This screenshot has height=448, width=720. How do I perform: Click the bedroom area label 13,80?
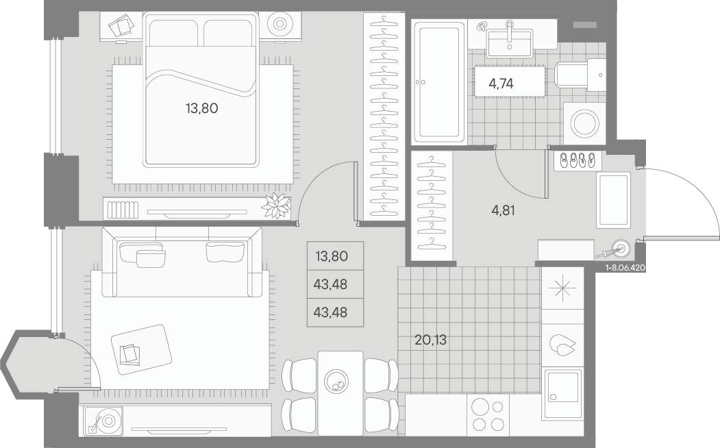[x=201, y=108]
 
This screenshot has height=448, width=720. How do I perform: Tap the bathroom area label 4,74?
[x=501, y=84]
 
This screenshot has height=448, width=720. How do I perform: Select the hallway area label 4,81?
[x=503, y=210]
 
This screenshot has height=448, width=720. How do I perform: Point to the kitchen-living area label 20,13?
[x=430, y=340]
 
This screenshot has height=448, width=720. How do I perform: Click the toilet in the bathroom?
[x=580, y=75]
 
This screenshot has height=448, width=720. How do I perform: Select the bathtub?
[x=437, y=81]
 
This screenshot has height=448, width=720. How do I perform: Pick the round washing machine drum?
[x=584, y=123]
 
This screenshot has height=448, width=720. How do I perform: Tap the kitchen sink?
[x=562, y=393]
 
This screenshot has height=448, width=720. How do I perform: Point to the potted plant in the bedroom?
[x=277, y=206]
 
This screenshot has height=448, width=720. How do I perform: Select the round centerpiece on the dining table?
[x=336, y=381]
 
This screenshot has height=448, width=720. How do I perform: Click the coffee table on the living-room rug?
[x=141, y=349]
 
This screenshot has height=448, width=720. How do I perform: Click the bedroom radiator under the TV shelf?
[x=123, y=210]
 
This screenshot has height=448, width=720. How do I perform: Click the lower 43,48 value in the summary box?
[x=330, y=312]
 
